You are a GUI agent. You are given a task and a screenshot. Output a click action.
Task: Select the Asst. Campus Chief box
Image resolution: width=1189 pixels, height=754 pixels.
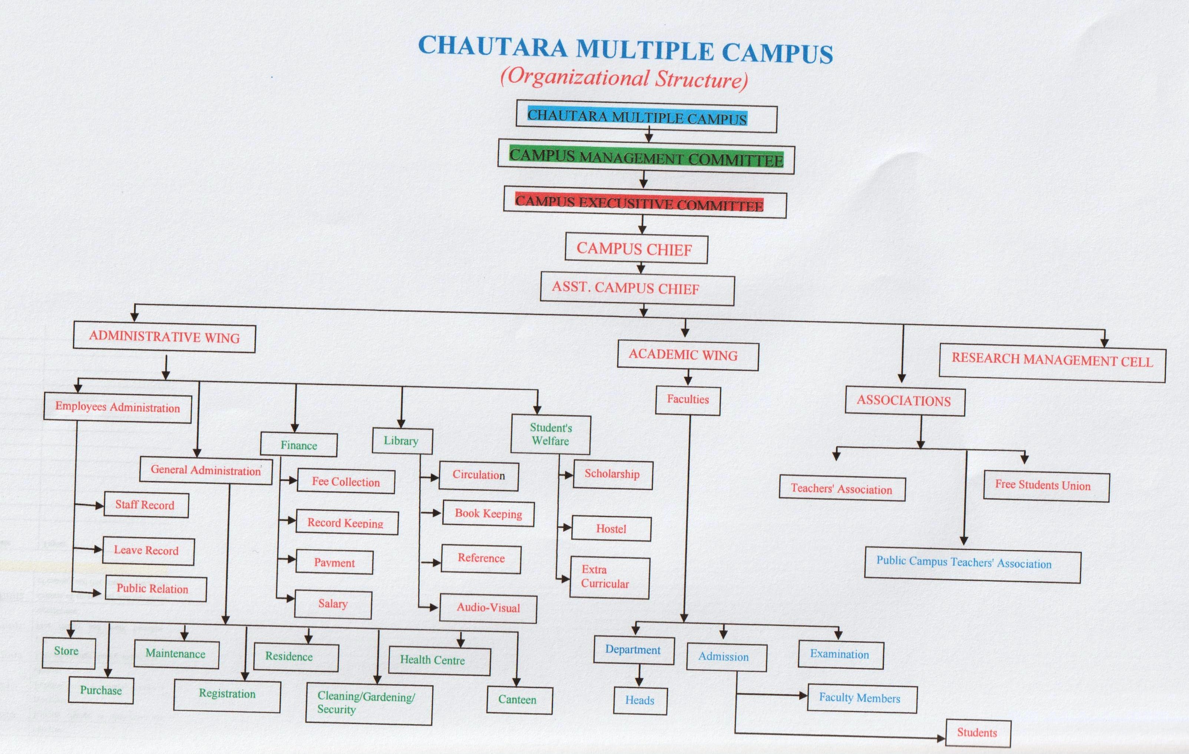point(637,288)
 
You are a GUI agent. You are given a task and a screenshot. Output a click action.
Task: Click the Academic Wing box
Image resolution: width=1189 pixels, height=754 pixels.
point(687,355)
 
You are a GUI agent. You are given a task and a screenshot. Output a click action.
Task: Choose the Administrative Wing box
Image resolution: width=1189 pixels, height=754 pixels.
point(164,338)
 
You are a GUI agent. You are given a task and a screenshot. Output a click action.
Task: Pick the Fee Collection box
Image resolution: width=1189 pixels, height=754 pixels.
point(346,482)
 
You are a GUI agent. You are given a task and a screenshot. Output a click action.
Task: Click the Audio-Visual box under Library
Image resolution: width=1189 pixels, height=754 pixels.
point(488,608)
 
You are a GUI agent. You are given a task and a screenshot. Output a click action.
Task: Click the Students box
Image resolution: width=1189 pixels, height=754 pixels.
point(977,733)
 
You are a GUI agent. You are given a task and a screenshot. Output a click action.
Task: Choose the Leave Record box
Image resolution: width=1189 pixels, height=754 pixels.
point(148,550)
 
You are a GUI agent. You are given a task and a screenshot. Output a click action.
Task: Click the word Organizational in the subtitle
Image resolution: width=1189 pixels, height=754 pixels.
point(578,79)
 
